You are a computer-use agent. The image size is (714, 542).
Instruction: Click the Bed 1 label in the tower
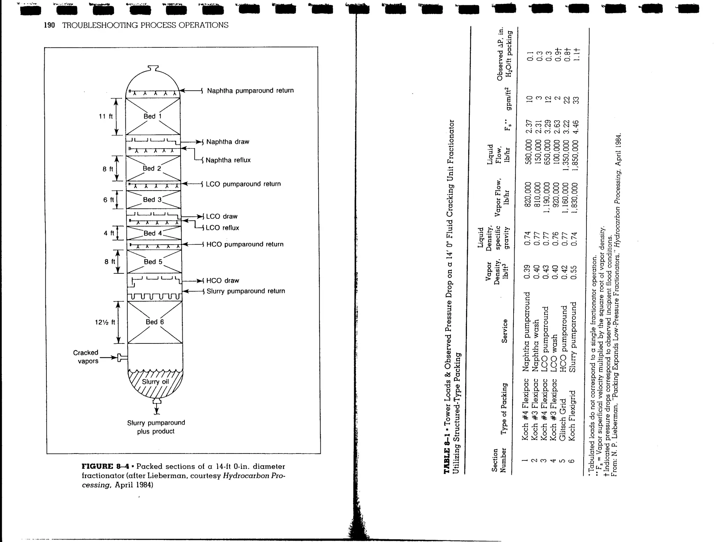pyautogui.click(x=152, y=116)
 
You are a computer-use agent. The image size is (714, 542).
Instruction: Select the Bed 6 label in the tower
pyautogui.click(x=154, y=322)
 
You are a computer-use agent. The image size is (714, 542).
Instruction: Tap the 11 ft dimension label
pyautogui.click(x=106, y=116)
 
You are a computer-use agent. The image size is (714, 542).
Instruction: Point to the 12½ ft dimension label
pyautogui.click(x=105, y=322)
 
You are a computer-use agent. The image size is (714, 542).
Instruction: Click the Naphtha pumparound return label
pyautogui.click(x=250, y=91)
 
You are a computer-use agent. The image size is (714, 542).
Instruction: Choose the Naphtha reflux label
pyautogui.click(x=228, y=160)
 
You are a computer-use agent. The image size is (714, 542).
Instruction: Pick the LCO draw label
pyautogui.click(x=221, y=216)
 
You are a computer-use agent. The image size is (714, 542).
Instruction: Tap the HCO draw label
pyautogui.click(x=222, y=280)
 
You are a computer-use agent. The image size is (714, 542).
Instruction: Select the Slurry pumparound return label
pyautogui.click(x=245, y=291)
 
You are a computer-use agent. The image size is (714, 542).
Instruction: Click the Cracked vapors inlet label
pyautogui.click(x=86, y=357)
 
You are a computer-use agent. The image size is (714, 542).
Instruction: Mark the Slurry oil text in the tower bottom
pyautogui.click(x=155, y=382)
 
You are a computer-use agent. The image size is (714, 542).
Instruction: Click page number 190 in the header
pyautogui.click(x=49, y=25)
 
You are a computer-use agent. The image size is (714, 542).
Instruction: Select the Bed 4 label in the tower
pyautogui.click(x=152, y=233)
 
